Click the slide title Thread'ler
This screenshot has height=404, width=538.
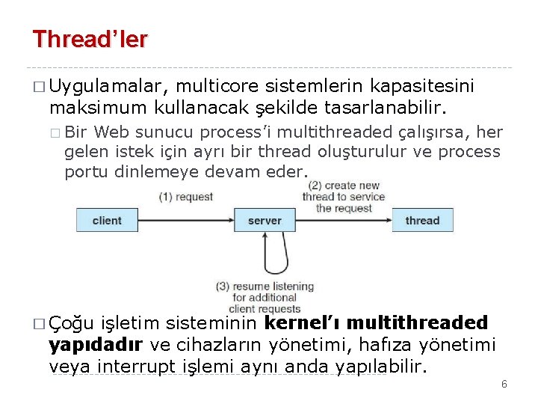click(x=90, y=39)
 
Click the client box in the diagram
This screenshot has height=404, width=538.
click(x=107, y=221)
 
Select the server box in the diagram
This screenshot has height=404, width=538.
click(x=265, y=221)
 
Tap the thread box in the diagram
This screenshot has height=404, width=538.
click(x=422, y=221)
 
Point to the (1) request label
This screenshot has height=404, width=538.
click(x=185, y=197)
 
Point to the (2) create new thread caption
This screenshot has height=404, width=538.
click(x=344, y=196)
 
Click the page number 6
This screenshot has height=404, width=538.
click(x=504, y=384)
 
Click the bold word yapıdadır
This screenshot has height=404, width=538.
click(x=96, y=345)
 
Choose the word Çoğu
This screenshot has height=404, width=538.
click(x=71, y=323)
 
